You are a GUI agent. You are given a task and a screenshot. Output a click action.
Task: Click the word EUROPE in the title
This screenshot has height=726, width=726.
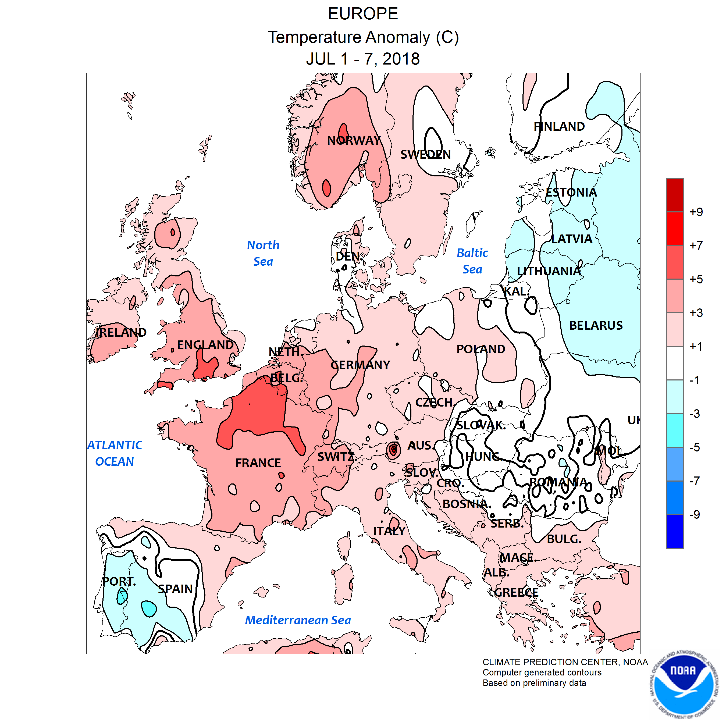point(363,14)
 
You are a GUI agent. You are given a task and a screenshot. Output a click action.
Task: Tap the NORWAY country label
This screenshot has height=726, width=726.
point(354,141)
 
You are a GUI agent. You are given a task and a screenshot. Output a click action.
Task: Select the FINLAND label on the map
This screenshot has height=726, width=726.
point(559,127)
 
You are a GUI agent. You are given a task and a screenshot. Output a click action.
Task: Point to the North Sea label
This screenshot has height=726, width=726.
point(263,253)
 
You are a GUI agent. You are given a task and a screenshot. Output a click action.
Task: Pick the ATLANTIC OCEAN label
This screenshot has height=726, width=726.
point(115,453)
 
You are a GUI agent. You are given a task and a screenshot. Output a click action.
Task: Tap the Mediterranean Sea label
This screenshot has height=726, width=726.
point(298,620)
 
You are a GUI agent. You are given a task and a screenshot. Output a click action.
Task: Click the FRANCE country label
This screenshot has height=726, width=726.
point(258,463)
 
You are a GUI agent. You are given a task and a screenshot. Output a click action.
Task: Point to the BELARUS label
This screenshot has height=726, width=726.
point(596,325)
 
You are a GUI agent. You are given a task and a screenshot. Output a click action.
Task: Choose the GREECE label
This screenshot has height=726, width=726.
point(516,593)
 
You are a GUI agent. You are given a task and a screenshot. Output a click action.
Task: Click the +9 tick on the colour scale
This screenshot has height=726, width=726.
point(696,212)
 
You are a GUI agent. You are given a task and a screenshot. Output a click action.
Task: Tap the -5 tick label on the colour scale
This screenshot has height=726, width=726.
point(695,447)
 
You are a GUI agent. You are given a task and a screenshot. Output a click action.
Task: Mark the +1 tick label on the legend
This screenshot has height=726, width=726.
point(696,347)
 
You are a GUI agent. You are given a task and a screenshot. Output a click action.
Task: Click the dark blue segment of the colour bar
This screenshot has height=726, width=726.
point(675,531)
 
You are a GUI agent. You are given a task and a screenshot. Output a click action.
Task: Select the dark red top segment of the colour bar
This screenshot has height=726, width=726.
point(675,195)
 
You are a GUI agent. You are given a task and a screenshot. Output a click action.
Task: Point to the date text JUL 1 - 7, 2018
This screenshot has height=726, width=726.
point(363,59)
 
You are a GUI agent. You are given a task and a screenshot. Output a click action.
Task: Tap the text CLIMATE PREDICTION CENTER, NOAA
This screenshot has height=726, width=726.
point(565,662)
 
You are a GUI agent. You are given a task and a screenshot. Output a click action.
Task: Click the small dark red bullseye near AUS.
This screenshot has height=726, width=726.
point(393,449)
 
